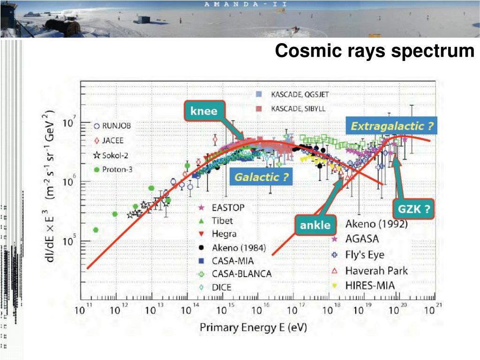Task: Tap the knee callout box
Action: (203, 111)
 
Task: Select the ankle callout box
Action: (315, 225)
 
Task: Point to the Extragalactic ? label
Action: (392, 126)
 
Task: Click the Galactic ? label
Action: (261, 177)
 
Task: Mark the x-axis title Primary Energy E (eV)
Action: (254, 328)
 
